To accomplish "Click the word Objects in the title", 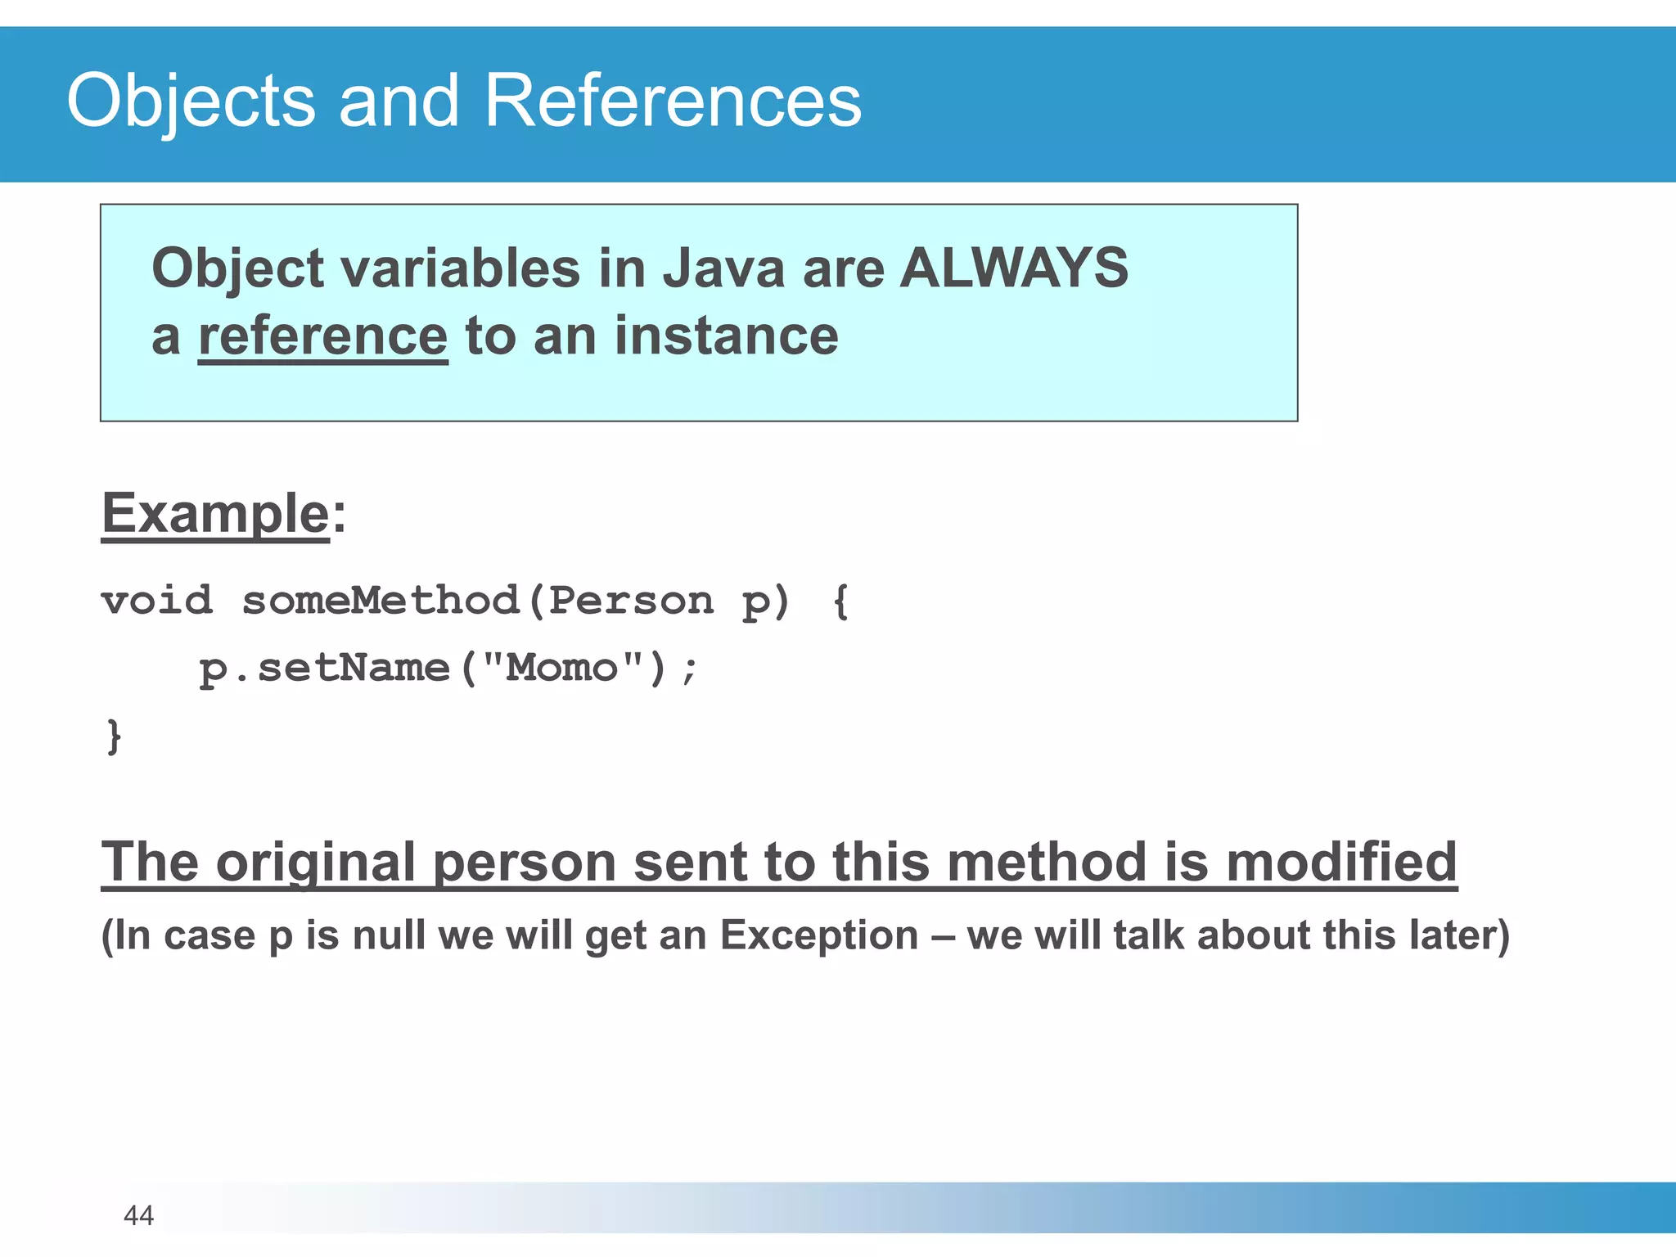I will [191, 101].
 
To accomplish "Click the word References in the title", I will [672, 101].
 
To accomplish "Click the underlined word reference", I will [322, 336].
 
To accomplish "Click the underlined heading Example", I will [215, 514].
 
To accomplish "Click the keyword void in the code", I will [156, 601].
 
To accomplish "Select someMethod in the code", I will [381, 601].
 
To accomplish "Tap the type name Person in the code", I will [630, 601].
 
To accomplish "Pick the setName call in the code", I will [353, 668].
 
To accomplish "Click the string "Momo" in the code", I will [563, 668].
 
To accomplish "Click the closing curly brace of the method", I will [114, 736].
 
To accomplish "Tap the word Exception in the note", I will [818, 935].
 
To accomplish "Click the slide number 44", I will [138, 1215].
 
